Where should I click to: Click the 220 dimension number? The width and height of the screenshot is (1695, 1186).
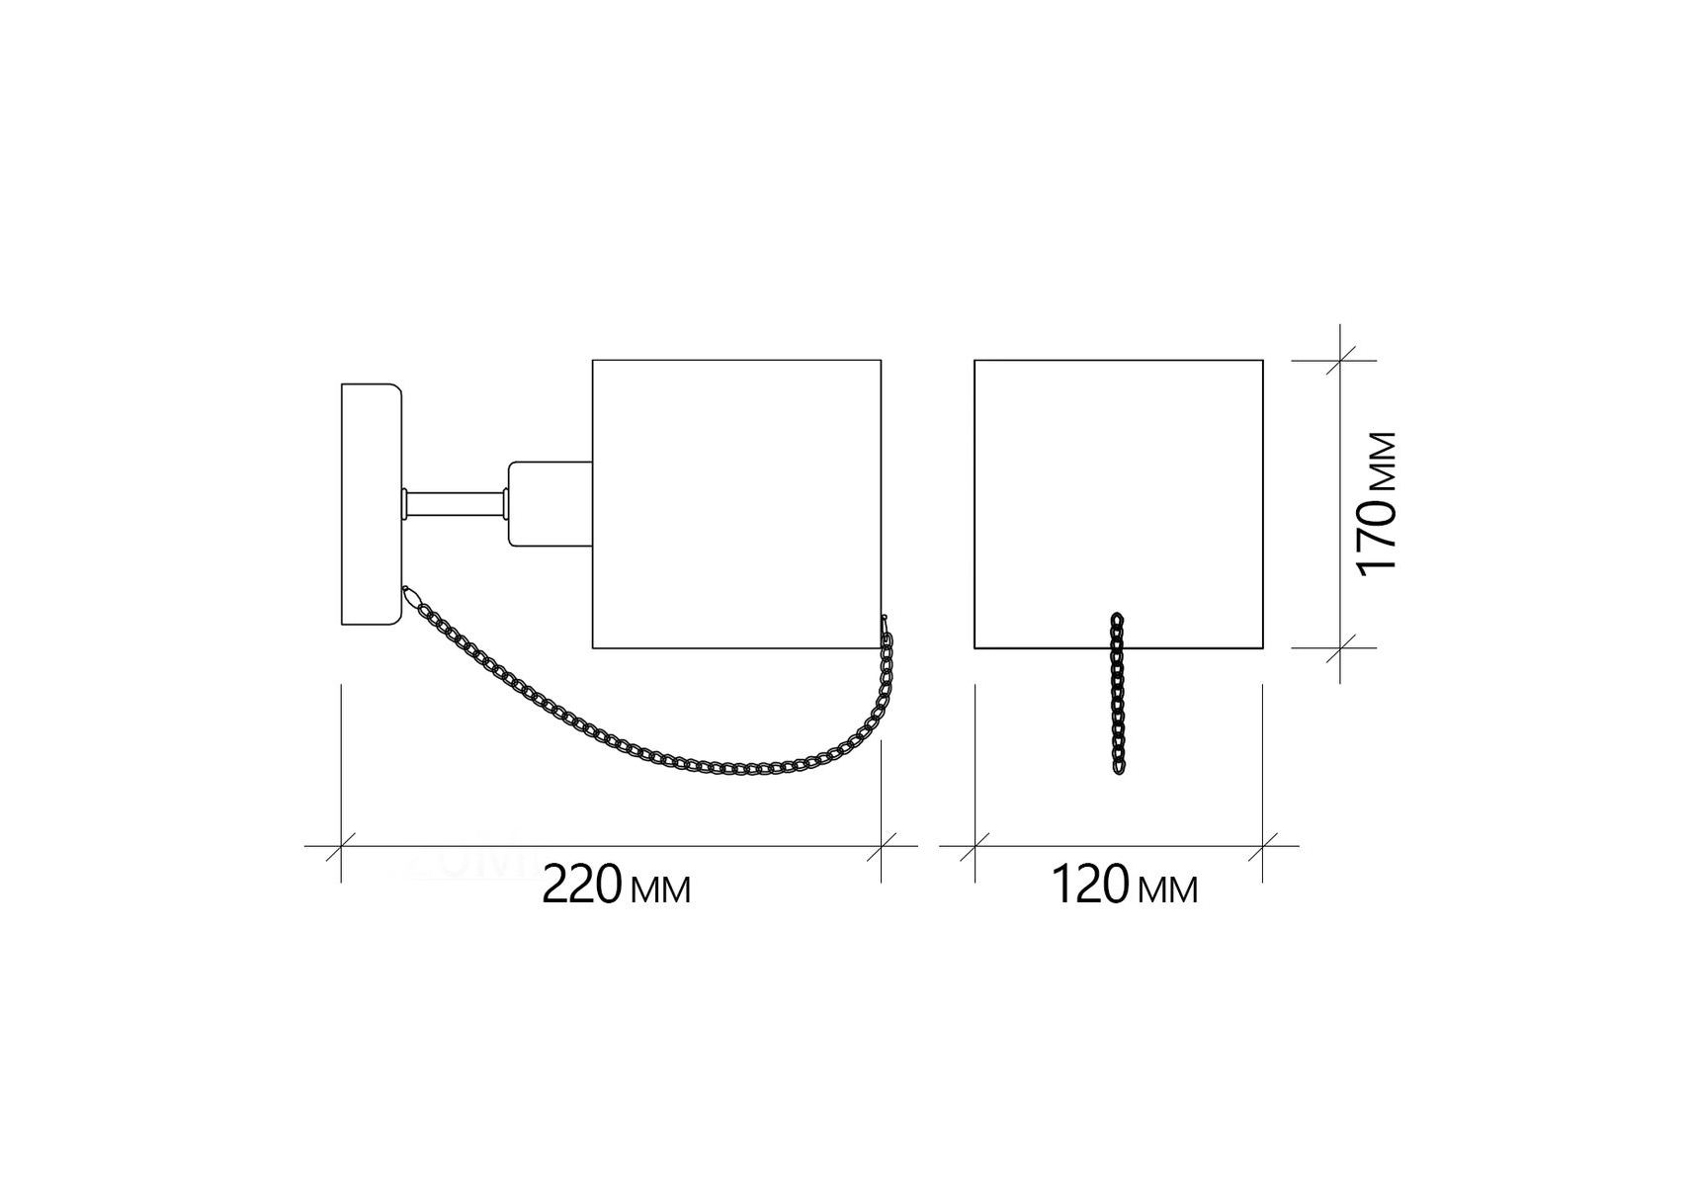point(583,886)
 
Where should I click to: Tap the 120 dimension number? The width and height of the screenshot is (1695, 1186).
point(1089,886)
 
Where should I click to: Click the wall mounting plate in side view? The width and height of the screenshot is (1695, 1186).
point(372,505)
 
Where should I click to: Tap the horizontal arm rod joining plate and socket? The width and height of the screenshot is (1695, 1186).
point(455,504)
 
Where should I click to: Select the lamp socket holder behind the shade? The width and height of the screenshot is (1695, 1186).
point(550,504)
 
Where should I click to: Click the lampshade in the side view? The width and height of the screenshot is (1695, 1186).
point(736,504)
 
